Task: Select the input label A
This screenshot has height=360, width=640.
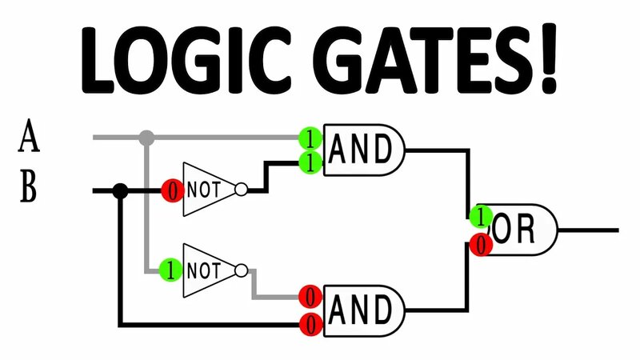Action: tap(29, 137)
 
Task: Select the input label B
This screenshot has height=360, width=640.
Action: tap(29, 190)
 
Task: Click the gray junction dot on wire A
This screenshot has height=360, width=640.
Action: tap(146, 138)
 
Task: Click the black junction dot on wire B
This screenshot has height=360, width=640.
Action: tap(120, 190)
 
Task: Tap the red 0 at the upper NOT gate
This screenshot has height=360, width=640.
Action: tap(171, 190)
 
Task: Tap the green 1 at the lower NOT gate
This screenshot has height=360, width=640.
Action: tap(170, 270)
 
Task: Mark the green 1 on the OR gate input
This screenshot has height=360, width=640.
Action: tap(480, 216)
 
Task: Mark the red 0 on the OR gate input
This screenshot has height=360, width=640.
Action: tap(480, 245)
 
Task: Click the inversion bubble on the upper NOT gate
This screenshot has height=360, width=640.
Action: tap(241, 190)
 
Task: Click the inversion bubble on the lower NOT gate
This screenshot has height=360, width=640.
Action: tap(241, 270)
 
